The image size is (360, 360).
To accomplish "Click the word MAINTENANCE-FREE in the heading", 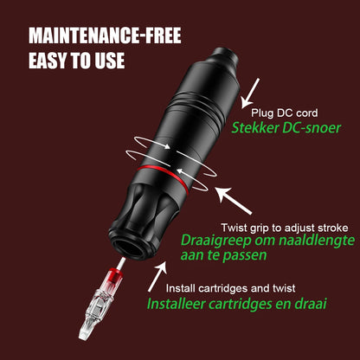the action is pyautogui.click(x=105, y=35).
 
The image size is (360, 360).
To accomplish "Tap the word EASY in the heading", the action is pyautogui.click(x=48, y=61).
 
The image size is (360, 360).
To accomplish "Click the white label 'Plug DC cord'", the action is pyautogui.click(x=285, y=112).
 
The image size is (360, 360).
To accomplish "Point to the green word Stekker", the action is pyautogui.click(x=255, y=127).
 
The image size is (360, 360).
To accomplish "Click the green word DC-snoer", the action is pyautogui.click(x=312, y=127).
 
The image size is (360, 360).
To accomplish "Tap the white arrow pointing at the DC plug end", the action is pyautogui.click(x=250, y=93).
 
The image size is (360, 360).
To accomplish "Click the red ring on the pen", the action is pyautogui.click(x=164, y=177).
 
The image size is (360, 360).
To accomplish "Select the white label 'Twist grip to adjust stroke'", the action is pyautogui.click(x=285, y=228).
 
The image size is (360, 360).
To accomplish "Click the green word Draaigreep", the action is pyautogui.click(x=215, y=241).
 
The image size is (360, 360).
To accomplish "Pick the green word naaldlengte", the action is pyautogui.click(x=315, y=241).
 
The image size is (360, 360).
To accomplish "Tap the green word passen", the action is pyautogui.click(x=245, y=256).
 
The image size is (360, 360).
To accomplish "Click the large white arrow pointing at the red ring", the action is pyautogui.click(x=234, y=201).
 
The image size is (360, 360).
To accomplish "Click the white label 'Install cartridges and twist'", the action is pyautogui.click(x=230, y=288).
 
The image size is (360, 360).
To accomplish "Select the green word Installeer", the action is pyautogui.click(x=176, y=304).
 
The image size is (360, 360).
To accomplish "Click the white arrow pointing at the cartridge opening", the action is pyautogui.click(x=157, y=276).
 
